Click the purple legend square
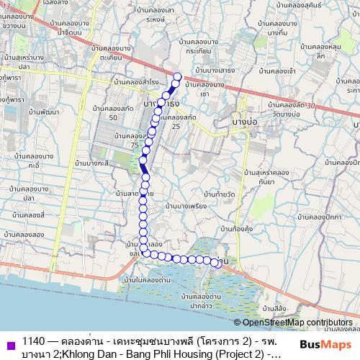[9, 342]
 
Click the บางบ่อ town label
[246, 124]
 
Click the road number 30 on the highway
[310, 106]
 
